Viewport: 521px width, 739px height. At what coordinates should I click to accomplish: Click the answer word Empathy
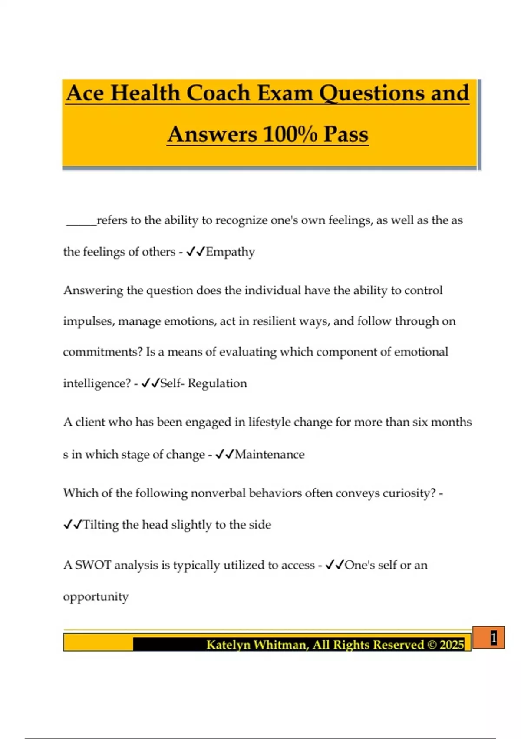click(230, 252)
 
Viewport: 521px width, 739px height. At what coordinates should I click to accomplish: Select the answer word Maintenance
click(270, 455)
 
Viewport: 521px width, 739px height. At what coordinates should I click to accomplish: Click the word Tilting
click(100, 525)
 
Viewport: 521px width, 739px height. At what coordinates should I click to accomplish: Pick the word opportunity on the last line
click(96, 597)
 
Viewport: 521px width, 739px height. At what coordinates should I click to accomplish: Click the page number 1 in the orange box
click(493, 638)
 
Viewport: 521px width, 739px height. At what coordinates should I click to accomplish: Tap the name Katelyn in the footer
click(228, 644)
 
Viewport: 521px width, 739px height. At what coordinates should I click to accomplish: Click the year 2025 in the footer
click(452, 644)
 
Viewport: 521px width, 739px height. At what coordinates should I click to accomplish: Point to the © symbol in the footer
click(432, 644)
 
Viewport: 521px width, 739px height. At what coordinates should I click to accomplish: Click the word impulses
click(89, 322)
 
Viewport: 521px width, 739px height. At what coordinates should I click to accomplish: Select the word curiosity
click(409, 493)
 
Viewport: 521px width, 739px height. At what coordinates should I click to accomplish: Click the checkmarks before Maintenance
click(224, 455)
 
